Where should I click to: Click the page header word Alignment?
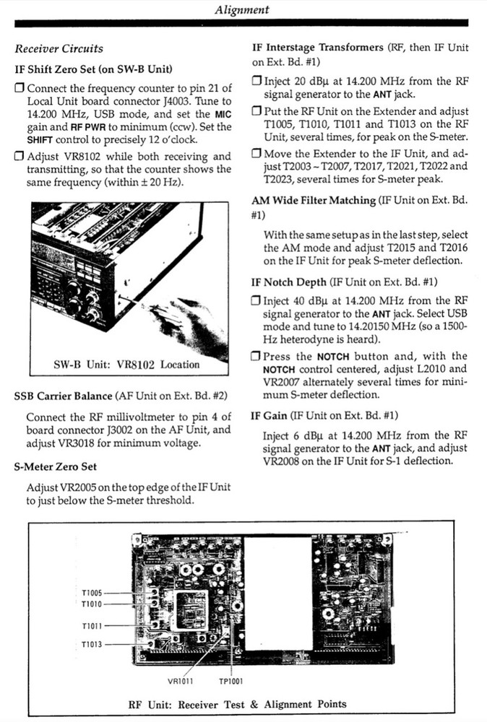coord(242,9)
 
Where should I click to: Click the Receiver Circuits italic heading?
coord(59,49)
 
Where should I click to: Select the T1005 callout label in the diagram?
coord(92,593)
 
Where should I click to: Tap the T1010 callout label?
coord(92,604)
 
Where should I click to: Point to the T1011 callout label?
coord(92,625)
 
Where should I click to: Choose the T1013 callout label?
coord(92,644)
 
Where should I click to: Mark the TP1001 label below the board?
coord(231,680)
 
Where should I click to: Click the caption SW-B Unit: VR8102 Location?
coord(126,365)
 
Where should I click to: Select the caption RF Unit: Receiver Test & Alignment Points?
coord(237,704)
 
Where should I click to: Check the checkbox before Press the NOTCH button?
coord(257,357)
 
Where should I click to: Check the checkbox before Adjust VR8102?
coord(20,157)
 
